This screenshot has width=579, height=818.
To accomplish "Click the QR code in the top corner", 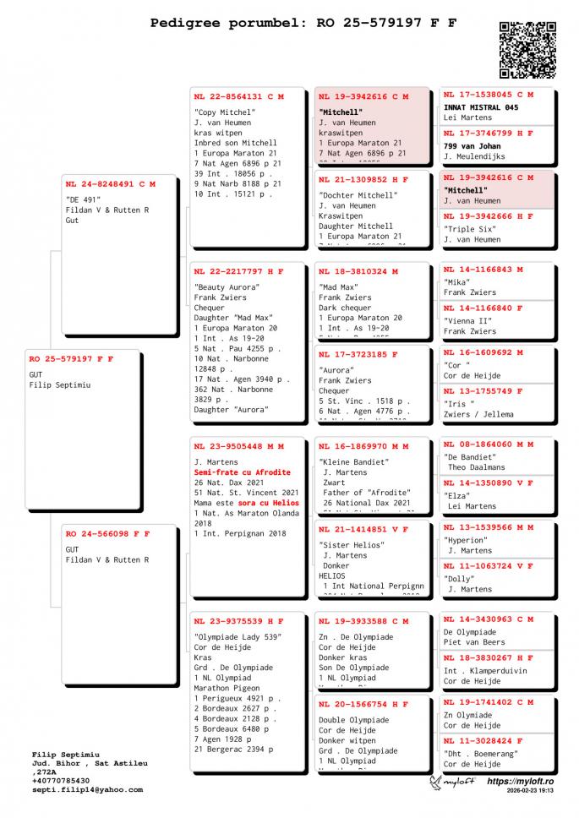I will click(527, 50).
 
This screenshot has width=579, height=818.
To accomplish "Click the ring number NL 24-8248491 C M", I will click(111, 183).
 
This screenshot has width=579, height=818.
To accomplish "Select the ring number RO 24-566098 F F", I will click(107, 533).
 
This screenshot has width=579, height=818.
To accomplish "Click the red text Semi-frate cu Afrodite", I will click(242, 472).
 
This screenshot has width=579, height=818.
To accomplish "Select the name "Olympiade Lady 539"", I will click(238, 636).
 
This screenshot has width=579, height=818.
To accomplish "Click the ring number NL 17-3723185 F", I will click(358, 354).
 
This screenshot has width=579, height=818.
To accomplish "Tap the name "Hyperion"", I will click(466, 539).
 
